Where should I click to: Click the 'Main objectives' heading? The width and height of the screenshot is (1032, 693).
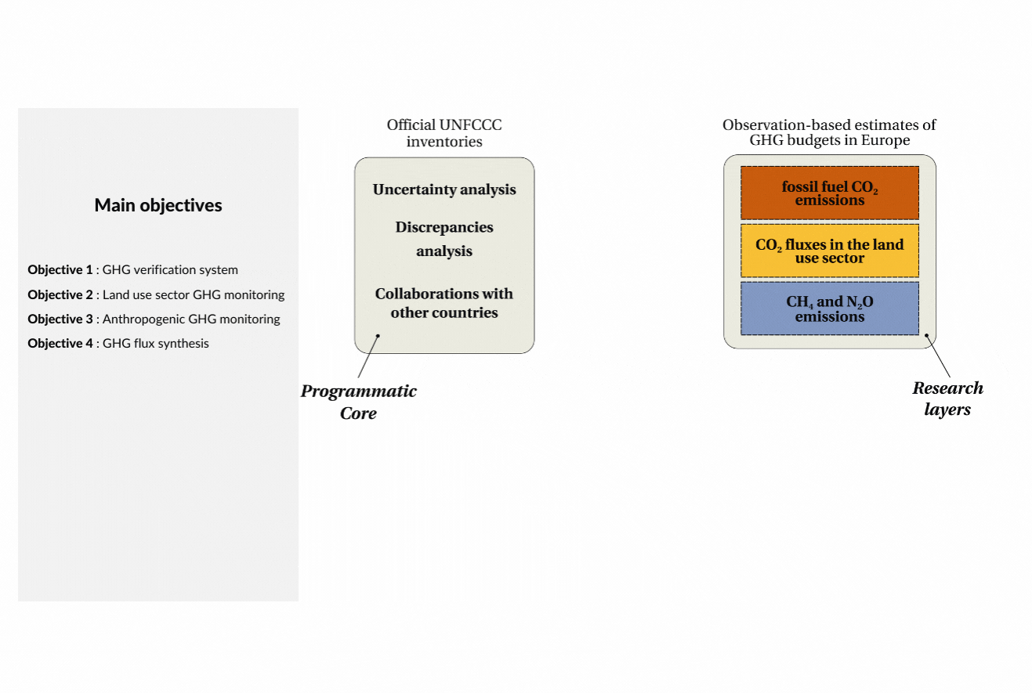(158, 205)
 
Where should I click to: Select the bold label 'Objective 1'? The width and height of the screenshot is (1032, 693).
(60, 270)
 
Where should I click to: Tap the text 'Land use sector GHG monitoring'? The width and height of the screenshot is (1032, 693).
(194, 294)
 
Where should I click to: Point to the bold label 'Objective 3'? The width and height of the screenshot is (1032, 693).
(60, 319)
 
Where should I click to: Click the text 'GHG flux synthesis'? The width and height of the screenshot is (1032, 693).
(155, 344)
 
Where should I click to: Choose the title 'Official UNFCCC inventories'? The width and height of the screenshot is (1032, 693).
(444, 133)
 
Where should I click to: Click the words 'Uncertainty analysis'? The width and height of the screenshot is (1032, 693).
(444, 189)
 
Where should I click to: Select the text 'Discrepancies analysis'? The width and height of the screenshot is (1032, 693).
(444, 239)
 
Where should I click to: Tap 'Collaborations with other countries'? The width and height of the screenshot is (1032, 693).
(444, 303)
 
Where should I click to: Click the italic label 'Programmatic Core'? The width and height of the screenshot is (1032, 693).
(358, 402)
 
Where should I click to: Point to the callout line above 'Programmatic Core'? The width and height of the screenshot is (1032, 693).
(368, 357)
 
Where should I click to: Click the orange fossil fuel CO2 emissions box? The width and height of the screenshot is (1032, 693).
(830, 193)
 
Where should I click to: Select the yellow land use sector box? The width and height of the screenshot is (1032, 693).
(830, 251)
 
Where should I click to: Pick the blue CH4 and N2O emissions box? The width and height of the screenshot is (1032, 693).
(830, 309)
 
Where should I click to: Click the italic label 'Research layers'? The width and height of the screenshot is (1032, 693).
(947, 399)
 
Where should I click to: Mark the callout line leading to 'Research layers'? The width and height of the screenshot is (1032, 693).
(938, 356)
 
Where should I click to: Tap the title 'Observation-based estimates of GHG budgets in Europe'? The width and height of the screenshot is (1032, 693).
(829, 132)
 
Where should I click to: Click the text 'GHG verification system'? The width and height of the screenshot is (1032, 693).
(170, 270)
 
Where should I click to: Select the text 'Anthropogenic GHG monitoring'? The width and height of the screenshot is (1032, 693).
(191, 319)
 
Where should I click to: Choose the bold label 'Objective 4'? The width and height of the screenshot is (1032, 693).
(60, 344)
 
